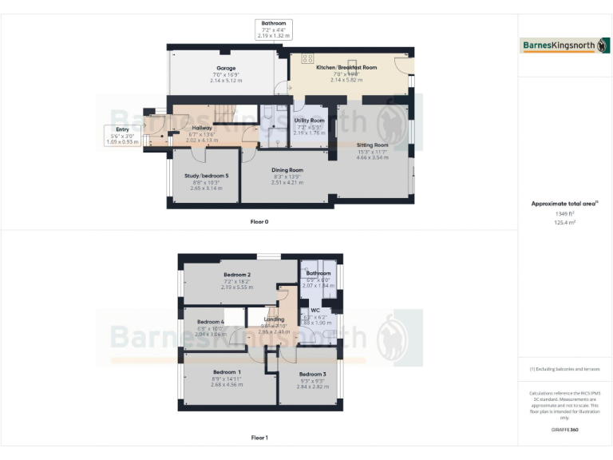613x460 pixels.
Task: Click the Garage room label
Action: (x=226, y=68)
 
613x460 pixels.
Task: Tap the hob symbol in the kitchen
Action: (x=306, y=58)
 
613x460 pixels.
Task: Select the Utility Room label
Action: (x=310, y=121)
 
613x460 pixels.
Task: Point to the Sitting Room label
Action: (x=371, y=145)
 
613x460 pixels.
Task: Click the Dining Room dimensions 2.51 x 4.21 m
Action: (x=287, y=183)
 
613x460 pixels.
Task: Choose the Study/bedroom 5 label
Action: (x=207, y=175)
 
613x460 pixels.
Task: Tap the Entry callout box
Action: (x=122, y=135)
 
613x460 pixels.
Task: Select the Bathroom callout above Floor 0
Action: (x=274, y=30)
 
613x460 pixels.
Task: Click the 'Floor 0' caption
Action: (x=259, y=221)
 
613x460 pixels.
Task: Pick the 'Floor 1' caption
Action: (x=259, y=438)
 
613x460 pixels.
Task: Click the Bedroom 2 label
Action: (x=237, y=275)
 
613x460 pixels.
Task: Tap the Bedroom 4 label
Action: (x=211, y=321)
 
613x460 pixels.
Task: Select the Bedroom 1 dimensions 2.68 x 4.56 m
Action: (x=227, y=385)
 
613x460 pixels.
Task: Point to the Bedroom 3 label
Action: (x=313, y=374)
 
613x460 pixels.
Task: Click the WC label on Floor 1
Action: (x=315, y=311)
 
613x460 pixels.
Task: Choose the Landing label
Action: (x=274, y=319)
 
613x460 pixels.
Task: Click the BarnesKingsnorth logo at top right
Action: (x=564, y=46)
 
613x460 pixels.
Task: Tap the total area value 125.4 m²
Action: (x=564, y=223)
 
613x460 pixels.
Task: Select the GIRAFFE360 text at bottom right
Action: (x=564, y=430)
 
